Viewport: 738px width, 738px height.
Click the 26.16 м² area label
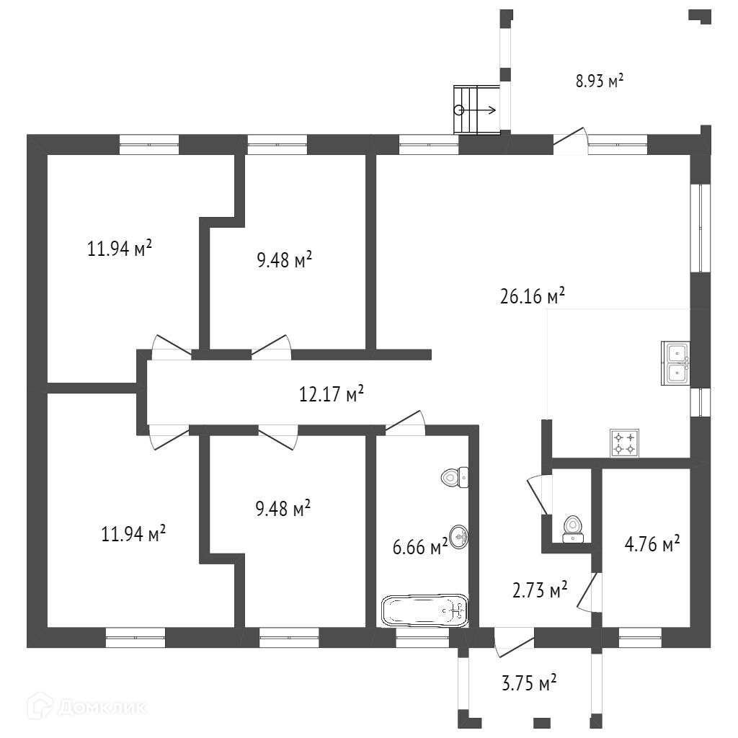click(x=532, y=296)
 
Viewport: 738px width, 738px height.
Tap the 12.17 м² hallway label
click(x=331, y=394)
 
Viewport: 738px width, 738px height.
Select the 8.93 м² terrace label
click(x=599, y=81)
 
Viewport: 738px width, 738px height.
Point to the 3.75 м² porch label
click(x=530, y=683)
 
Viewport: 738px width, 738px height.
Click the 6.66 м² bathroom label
click(x=420, y=546)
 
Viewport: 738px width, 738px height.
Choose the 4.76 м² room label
click(x=652, y=544)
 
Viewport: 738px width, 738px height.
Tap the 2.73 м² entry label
click(x=540, y=591)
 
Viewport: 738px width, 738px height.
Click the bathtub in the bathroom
click(x=424, y=611)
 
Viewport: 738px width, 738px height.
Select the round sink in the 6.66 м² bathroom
click(x=458, y=536)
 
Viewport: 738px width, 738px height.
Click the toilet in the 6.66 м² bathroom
click(x=455, y=477)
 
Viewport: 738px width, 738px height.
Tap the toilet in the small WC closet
click(x=574, y=527)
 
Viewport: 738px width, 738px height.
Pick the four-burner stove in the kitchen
click(x=624, y=443)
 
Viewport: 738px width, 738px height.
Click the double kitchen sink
click(x=676, y=363)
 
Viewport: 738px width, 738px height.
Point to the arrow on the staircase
click(x=477, y=110)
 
